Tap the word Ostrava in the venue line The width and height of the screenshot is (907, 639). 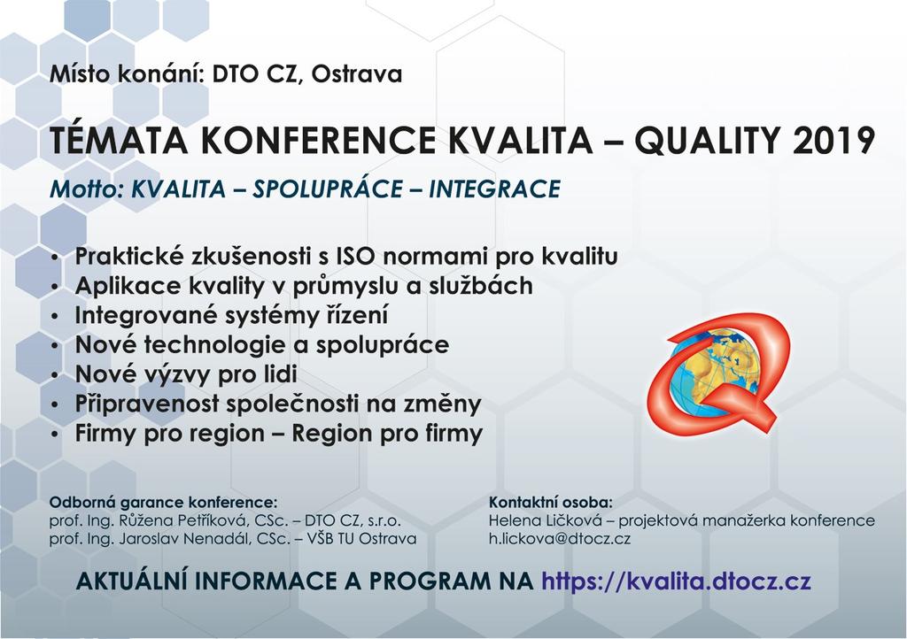point(357,74)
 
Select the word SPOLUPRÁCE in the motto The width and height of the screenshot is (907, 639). point(327,189)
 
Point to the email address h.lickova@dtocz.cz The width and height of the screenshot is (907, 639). point(560,539)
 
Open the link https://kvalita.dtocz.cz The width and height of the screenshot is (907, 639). point(676,581)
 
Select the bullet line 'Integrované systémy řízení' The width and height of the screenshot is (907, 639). point(231,315)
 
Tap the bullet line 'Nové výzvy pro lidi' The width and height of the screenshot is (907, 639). point(186,374)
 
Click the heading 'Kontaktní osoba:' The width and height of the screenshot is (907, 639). point(551,502)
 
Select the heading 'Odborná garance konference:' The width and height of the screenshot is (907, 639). point(163,502)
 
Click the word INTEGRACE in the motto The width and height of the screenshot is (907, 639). point(494,189)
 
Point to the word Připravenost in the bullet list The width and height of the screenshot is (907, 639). point(147,404)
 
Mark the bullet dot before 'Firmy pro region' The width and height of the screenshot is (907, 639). point(55,435)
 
